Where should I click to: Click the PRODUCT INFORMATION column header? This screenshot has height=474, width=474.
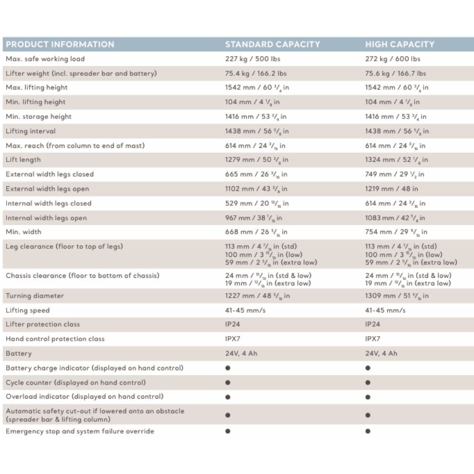(60, 45)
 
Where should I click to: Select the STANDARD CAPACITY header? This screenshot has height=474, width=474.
(273, 45)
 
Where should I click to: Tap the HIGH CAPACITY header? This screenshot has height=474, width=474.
(400, 45)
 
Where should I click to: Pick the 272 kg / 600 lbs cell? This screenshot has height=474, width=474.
(392, 59)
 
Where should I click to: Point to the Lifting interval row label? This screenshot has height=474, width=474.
(30, 131)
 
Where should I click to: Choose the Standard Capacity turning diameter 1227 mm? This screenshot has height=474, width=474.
(257, 296)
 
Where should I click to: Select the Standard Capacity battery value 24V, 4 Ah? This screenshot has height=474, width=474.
(241, 354)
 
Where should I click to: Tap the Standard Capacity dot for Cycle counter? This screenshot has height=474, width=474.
(228, 383)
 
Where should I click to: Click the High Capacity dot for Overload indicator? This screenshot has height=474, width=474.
(368, 397)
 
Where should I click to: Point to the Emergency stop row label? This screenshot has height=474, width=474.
(80, 431)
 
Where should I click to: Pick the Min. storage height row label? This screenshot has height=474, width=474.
(38, 117)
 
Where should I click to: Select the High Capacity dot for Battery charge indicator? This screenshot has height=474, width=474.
(368, 368)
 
